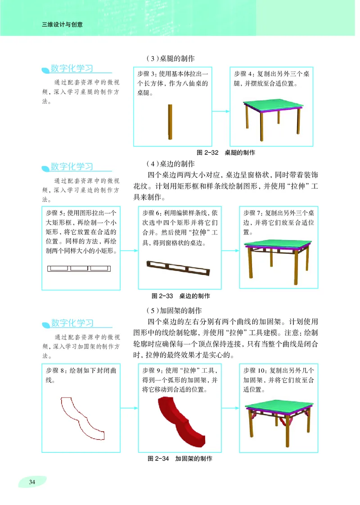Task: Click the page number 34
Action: click(x=32, y=482)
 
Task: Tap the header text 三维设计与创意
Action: click(x=62, y=25)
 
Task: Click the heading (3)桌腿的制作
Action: click(x=170, y=59)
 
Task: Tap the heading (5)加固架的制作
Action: click(x=173, y=311)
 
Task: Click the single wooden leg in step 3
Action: click(x=170, y=123)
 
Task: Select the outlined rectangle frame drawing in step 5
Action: click(x=79, y=269)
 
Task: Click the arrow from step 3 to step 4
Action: click(x=220, y=111)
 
